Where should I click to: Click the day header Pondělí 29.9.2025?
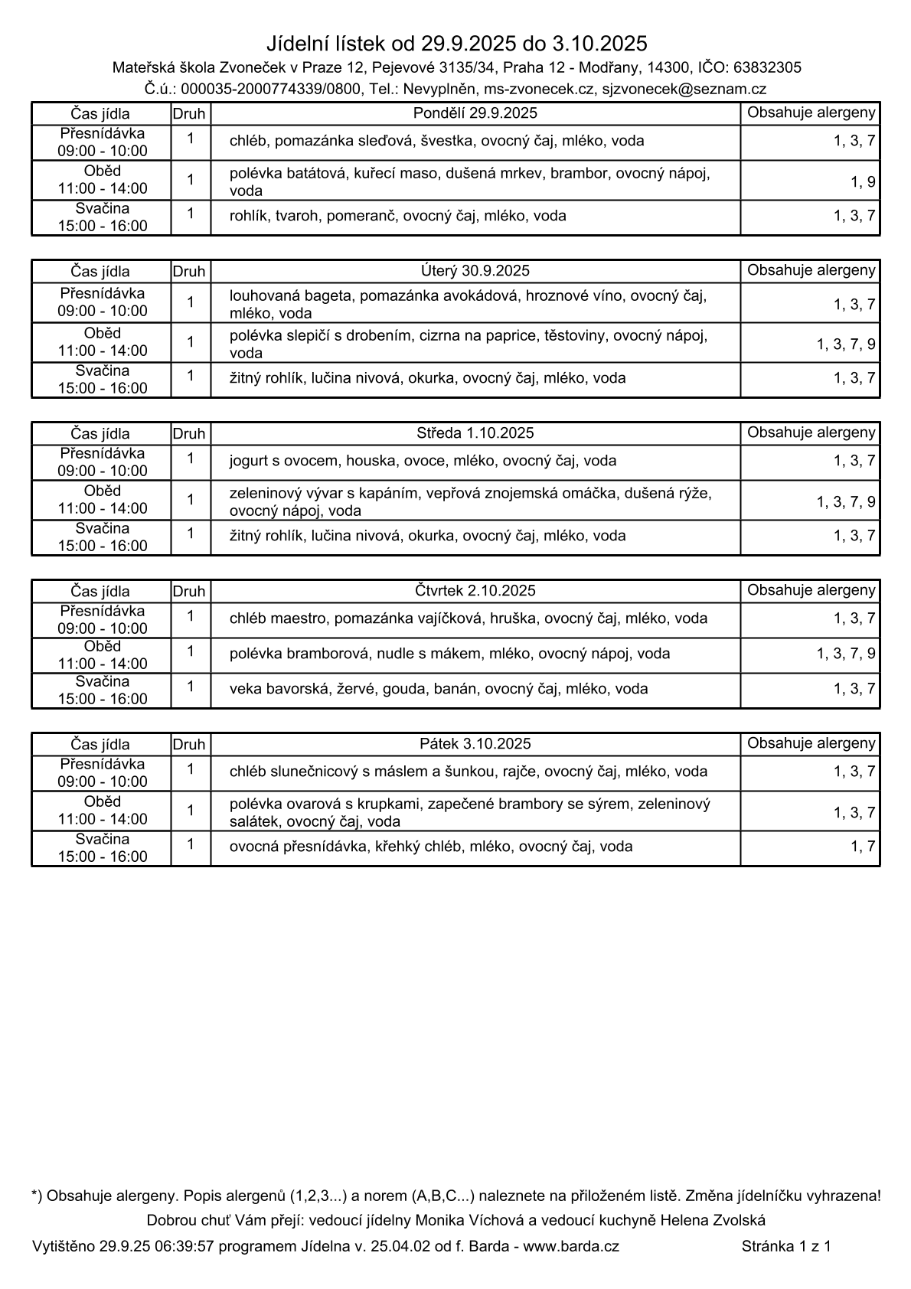(475, 113)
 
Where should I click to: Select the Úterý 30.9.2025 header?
(475, 271)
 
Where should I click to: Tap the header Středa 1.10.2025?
(475, 433)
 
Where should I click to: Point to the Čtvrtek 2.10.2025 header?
(475, 591)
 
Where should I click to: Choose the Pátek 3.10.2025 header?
(475, 744)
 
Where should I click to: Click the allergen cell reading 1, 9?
(863, 182)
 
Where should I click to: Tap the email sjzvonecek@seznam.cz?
(684, 89)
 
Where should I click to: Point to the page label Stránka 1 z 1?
(786, 1246)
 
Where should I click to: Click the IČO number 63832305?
(767, 67)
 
